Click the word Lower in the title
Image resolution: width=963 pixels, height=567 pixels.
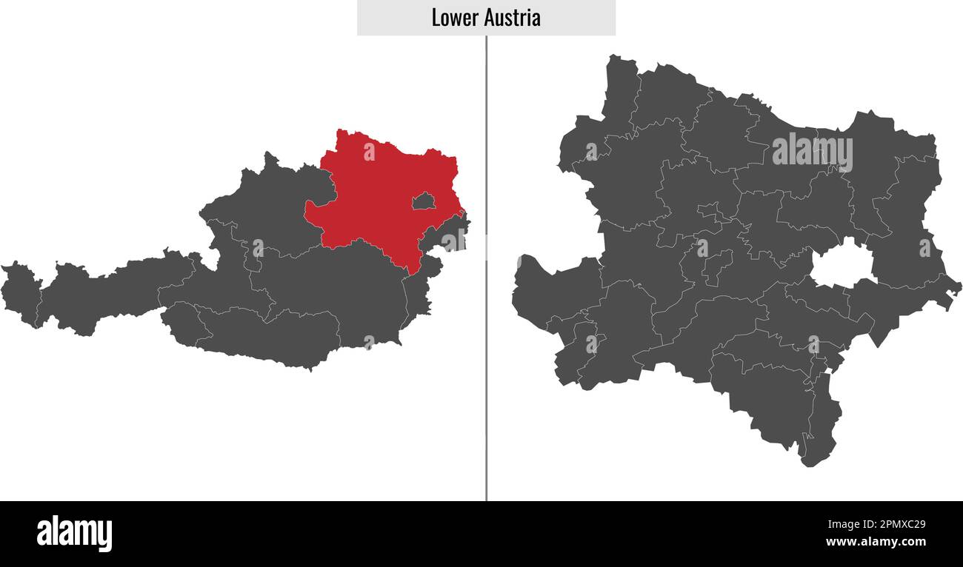pyautogui.click(x=455, y=19)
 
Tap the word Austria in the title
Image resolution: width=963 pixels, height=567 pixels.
pyautogui.click(x=513, y=19)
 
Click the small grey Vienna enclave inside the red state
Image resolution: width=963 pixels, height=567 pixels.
pyautogui.click(x=423, y=201)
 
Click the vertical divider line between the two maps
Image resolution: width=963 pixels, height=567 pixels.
pyautogui.click(x=487, y=296)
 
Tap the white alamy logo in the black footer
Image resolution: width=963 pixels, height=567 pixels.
pyautogui.click(x=74, y=534)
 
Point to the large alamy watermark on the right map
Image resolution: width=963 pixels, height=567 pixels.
pyautogui.click(x=812, y=152)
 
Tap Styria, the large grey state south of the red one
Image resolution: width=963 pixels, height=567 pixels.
pyautogui.click(x=341, y=289)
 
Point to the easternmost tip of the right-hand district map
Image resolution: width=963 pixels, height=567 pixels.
pyautogui.click(x=959, y=287)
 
